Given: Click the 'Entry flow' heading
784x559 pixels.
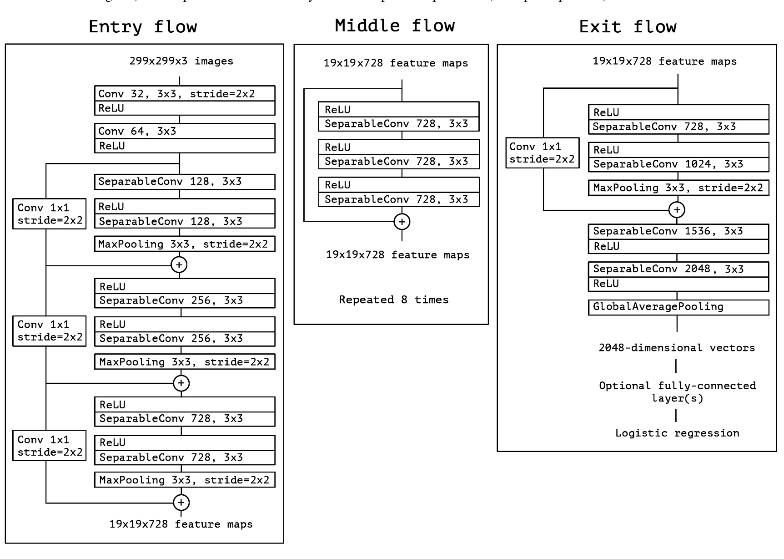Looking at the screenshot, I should point(143,27).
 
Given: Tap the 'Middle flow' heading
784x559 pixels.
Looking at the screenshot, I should point(395,25).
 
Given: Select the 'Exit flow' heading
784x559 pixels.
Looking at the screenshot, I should point(628,27).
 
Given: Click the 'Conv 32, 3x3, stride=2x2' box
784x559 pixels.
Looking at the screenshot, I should point(185,94).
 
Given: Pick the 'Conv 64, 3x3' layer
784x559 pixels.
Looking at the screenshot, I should point(185,131).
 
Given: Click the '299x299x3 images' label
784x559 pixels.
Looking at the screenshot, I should point(181,61).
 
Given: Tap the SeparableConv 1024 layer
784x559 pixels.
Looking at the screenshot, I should point(678,164).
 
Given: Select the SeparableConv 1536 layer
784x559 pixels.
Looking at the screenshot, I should point(678,231).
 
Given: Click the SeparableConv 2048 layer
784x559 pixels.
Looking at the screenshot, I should point(678,269).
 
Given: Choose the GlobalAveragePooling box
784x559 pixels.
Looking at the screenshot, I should point(678,307).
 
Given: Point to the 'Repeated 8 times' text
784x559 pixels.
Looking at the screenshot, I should point(394,300).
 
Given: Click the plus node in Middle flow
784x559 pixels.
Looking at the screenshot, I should point(402,222).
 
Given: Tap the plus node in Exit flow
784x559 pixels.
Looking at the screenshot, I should point(677,210).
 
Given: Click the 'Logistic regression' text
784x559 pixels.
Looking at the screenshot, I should point(677,433).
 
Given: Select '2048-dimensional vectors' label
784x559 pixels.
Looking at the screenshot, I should point(677,348).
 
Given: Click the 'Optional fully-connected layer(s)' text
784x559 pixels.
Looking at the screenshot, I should point(677,392).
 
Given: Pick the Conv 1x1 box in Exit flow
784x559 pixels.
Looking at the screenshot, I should point(542,153).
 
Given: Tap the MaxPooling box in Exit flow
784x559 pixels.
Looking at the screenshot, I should point(678,188).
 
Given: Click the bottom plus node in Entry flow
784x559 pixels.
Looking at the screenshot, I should point(181,503).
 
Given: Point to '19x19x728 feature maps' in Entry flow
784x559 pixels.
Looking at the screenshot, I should point(181,524).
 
